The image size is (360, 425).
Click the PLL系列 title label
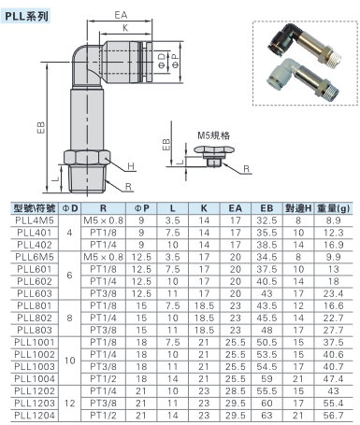(x=27, y=16)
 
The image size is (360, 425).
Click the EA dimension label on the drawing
(x=121, y=15)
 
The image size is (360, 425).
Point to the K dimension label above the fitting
(x=125, y=28)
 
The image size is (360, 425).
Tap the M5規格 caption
(x=214, y=135)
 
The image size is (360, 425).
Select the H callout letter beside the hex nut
(x=131, y=166)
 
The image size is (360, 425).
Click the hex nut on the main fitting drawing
(x=87, y=157)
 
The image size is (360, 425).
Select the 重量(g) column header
(x=333, y=208)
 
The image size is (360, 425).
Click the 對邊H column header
(x=298, y=208)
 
